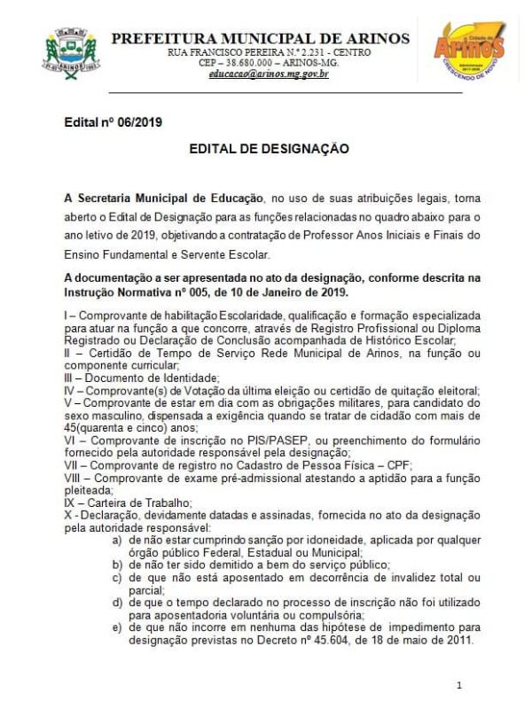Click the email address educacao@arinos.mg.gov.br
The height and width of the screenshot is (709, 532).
[x=269, y=74]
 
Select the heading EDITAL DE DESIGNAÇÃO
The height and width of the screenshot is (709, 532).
[x=269, y=150]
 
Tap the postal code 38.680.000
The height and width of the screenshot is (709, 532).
[x=251, y=64]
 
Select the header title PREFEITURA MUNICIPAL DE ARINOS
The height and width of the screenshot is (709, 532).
[x=260, y=38]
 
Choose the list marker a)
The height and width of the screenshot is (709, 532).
[x=116, y=540]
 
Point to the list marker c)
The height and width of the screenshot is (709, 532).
[x=116, y=576]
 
